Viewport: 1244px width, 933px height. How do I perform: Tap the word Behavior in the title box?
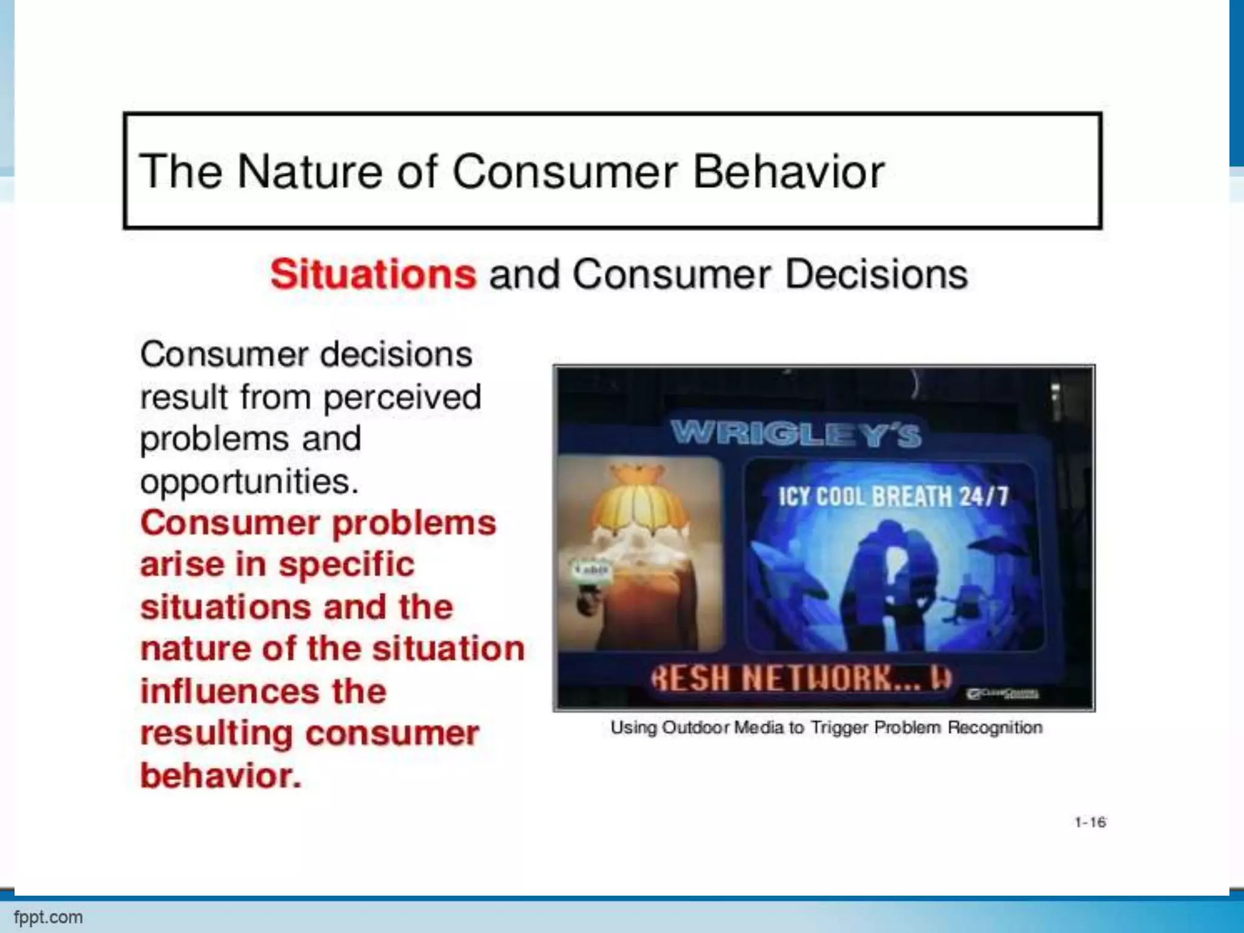point(788,172)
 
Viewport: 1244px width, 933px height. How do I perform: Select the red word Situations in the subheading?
point(373,274)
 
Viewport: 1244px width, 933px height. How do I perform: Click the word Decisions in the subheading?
point(876,274)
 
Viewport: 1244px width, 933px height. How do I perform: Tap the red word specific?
point(346,564)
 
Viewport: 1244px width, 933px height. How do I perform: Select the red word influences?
point(230,691)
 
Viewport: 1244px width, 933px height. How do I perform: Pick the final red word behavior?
point(220,776)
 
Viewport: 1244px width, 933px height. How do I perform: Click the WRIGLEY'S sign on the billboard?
point(796,434)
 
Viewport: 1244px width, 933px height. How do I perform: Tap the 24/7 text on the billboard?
point(983,497)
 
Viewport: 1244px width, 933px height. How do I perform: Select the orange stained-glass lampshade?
point(638,504)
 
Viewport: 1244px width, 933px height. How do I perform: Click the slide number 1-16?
point(1090,822)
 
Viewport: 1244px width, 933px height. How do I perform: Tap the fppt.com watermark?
point(49,917)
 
